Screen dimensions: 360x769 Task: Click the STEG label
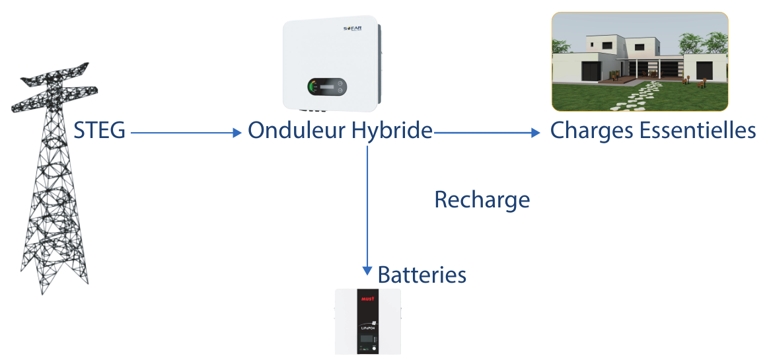pos(99,131)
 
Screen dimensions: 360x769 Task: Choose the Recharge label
pos(482,199)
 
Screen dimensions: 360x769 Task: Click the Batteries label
pos(421,274)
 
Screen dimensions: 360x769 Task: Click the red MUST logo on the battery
pos(367,299)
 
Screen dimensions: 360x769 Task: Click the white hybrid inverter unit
pos(330,63)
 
